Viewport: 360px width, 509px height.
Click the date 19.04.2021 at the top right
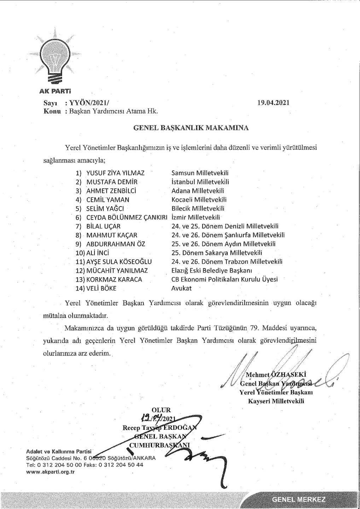[x=274, y=103]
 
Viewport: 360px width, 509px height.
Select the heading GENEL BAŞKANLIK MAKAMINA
[x=191, y=128]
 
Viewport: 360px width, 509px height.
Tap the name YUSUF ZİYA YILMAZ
[x=115, y=173]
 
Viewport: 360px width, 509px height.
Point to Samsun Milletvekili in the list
[x=200, y=173]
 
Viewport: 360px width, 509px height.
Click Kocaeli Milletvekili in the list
[x=199, y=200]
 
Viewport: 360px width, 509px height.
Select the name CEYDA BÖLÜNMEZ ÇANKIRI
[x=127, y=217]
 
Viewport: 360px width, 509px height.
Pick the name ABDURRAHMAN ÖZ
[x=116, y=244]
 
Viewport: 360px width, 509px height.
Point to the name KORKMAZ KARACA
[x=114, y=280]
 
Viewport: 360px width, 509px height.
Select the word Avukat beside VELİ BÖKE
[x=181, y=288]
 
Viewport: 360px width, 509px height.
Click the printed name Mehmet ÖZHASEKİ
[x=275, y=375]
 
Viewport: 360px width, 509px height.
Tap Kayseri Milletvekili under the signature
[x=276, y=401]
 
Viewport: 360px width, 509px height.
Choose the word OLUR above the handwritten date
[x=161, y=410]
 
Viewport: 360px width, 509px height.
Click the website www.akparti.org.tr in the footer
[x=51, y=472]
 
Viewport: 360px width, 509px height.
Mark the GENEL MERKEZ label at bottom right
[x=299, y=499]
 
